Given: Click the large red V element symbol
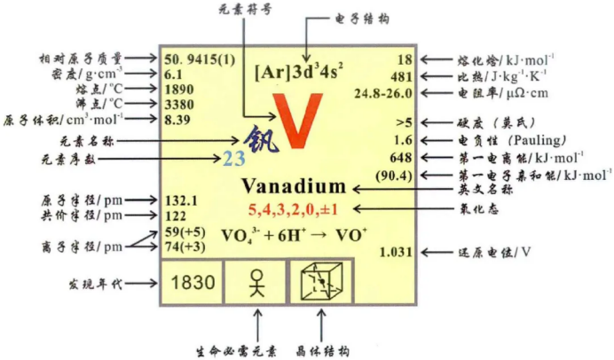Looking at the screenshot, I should [292, 121].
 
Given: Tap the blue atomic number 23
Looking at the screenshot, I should [233, 160].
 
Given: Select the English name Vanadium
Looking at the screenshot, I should [294, 187].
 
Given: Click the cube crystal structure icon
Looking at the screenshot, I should [321, 284].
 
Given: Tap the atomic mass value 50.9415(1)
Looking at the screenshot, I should [200, 59].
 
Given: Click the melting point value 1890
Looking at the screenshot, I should [181, 90].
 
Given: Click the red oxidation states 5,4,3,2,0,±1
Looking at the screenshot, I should [294, 209].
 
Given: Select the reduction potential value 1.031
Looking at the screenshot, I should [397, 253].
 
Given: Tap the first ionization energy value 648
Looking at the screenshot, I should [402, 158].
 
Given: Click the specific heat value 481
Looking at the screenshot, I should [404, 76].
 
